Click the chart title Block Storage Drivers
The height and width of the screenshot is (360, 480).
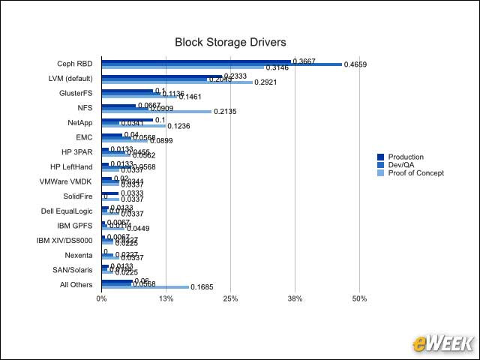coord(230,43)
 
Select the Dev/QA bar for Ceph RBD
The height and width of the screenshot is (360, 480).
coord(221,64)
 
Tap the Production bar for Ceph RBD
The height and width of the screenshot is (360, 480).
coord(196,61)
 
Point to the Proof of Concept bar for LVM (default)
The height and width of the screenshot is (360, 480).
coord(177,82)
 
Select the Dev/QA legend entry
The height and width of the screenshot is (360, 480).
coord(397,165)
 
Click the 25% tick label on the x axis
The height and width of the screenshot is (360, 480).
coord(230,298)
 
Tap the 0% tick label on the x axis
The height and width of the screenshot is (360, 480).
coord(102,298)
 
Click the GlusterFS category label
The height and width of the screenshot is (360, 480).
coord(76,93)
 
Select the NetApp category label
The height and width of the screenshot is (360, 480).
coord(80,122)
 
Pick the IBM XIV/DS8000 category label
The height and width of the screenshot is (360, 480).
coord(65,240)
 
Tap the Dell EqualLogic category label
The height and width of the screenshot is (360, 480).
coord(67,211)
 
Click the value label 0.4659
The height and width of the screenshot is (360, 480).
coord(355,65)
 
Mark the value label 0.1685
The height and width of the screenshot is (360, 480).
coord(203,287)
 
